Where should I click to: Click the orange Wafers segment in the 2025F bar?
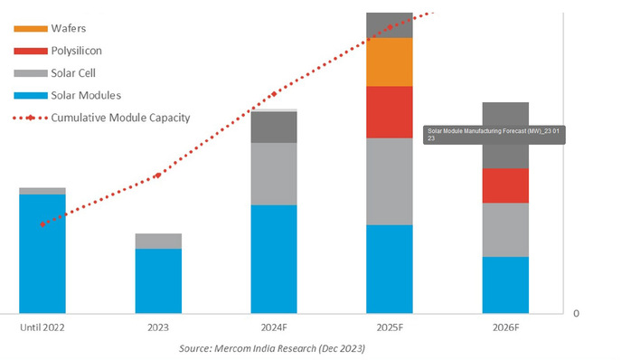click(x=389, y=62)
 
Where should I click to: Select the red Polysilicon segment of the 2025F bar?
click(x=389, y=111)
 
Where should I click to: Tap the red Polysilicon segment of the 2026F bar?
click(x=505, y=185)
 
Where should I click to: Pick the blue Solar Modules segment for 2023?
click(x=158, y=280)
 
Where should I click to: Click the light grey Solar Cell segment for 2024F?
click(x=273, y=174)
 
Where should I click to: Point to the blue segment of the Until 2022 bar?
click(x=42, y=253)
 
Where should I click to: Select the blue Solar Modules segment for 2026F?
click(x=505, y=285)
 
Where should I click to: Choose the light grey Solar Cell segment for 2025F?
click(x=389, y=181)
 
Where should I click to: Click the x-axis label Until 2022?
click(x=42, y=327)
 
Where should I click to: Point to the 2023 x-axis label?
click(x=158, y=327)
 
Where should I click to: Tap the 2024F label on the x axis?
click(x=273, y=327)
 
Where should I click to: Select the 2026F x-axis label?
click(x=505, y=327)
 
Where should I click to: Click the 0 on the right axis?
click(x=576, y=313)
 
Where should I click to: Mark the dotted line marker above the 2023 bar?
click(x=159, y=175)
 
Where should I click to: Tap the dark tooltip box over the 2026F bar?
click(x=488, y=134)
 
